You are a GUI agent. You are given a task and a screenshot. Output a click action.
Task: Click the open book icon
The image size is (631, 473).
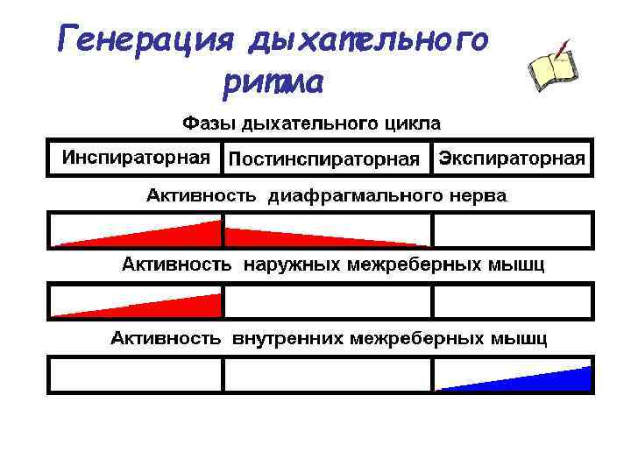tap(551, 70)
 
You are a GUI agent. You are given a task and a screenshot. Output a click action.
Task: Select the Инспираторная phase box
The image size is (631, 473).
tap(135, 158)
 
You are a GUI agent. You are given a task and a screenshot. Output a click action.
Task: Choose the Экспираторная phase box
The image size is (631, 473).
tap(512, 158)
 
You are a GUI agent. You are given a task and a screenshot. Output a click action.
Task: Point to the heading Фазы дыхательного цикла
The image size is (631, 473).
tap(311, 122)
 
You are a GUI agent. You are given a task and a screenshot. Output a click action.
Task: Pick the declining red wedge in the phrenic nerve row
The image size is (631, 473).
tap(280, 236)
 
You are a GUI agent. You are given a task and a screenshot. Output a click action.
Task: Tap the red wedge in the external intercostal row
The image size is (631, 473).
tap(175, 306)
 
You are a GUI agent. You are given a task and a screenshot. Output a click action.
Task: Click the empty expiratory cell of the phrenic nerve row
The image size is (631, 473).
tap(512, 230)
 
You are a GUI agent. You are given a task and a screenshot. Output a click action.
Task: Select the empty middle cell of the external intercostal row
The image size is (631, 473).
tap(326, 300)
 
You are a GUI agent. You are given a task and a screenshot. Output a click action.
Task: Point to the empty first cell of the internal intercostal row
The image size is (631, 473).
tap(136, 375)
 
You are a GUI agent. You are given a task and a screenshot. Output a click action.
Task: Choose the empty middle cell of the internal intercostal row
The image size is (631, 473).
tap(326, 375)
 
